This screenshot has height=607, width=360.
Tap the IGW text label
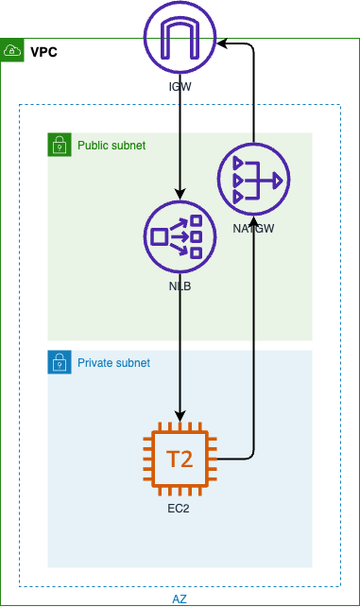tap(180, 89)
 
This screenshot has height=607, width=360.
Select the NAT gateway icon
tap(252, 179)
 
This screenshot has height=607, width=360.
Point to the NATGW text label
tap(252, 229)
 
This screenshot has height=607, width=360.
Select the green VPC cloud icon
tap(12, 50)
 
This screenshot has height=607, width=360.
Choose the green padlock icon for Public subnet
tap(60, 145)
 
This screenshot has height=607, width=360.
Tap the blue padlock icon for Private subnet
tap(60, 362)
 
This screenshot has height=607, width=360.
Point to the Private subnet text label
tap(113, 362)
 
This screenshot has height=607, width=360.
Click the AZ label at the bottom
tap(180, 598)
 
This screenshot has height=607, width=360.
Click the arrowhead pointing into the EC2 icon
tap(180, 418)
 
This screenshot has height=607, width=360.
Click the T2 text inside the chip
tap(180, 460)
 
